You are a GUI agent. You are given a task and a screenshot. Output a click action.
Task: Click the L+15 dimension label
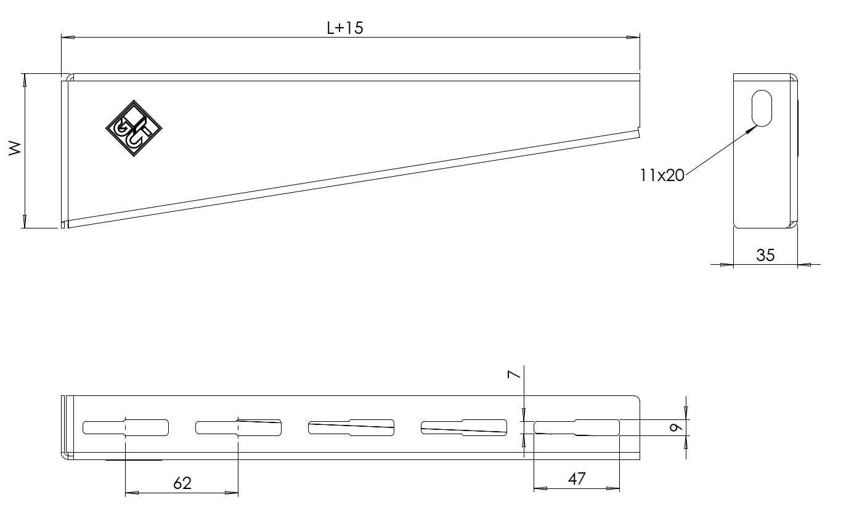[x=345, y=28]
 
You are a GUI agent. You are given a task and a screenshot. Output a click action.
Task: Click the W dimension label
[x=15, y=148]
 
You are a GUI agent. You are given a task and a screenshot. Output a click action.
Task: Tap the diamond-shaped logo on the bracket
[x=134, y=129]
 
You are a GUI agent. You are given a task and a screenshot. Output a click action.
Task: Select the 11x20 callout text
[x=662, y=176]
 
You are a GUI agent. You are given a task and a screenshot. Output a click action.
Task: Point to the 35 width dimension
[x=765, y=255]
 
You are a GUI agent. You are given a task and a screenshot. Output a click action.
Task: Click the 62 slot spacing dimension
[x=182, y=483]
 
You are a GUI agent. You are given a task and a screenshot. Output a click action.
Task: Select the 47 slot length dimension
[x=577, y=479]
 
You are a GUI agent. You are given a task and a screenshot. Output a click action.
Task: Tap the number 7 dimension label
[x=514, y=374]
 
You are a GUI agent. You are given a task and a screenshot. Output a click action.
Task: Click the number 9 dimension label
[x=676, y=427]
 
